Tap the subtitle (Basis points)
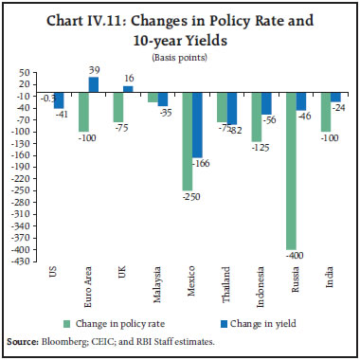coord(179,57)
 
